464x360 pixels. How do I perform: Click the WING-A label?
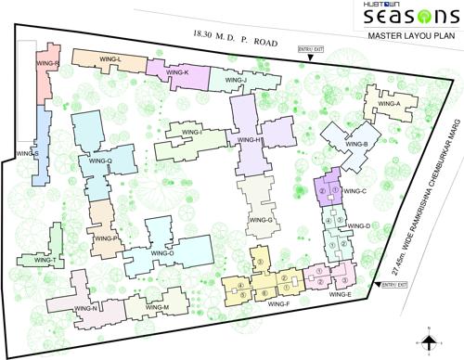pos(388,104)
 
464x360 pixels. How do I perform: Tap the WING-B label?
pos(359,145)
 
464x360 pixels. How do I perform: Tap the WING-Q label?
pos(99,161)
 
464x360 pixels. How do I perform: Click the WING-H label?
pos(251,140)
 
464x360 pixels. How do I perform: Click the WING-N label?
pos(86,307)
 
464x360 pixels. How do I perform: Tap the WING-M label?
pos(157,306)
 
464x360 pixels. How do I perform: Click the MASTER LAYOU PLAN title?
pos(412,40)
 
